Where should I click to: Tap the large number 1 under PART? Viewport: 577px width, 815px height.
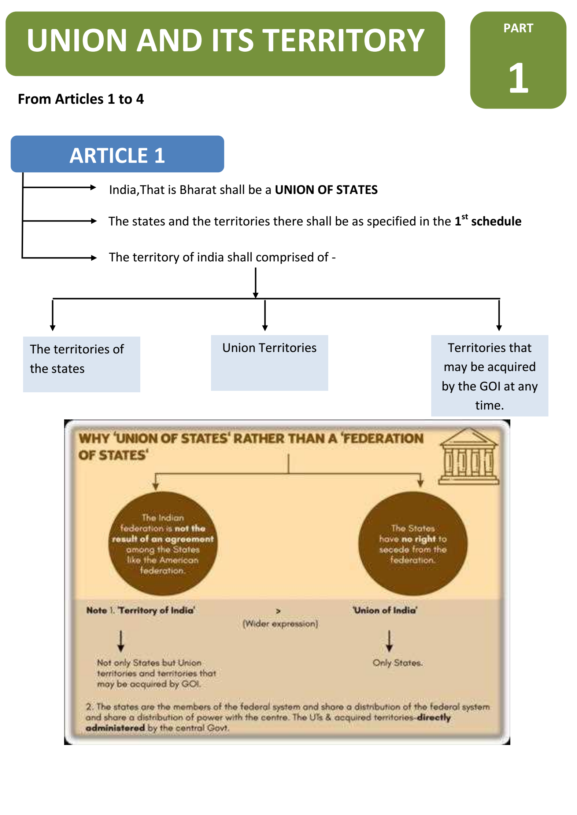tap(518, 78)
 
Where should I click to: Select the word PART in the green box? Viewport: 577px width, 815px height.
tap(518, 28)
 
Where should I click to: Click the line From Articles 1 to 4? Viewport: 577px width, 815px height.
tap(81, 99)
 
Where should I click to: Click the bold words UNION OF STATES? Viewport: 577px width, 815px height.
tap(326, 190)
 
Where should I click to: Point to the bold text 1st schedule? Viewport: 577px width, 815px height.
tap(488, 221)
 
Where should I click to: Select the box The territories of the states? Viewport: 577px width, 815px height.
tap(81, 364)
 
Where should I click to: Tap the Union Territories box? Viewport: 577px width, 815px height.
tap(269, 362)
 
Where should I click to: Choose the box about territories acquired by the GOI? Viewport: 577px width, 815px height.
tap(489, 376)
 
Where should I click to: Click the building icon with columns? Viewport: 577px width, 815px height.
tap(469, 457)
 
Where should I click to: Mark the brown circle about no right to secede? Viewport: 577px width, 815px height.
tap(413, 543)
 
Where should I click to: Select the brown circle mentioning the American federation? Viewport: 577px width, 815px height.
tap(163, 543)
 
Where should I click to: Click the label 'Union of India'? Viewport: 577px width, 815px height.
tap(385, 610)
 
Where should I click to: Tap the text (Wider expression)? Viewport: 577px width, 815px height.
tap(280, 624)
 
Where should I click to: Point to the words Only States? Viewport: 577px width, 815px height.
tap(398, 663)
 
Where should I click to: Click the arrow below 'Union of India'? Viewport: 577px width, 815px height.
tap(389, 641)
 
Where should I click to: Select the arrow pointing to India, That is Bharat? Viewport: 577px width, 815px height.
tap(59, 188)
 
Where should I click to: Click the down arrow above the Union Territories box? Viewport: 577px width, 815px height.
tap(265, 315)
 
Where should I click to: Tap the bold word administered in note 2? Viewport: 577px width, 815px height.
tap(115, 728)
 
